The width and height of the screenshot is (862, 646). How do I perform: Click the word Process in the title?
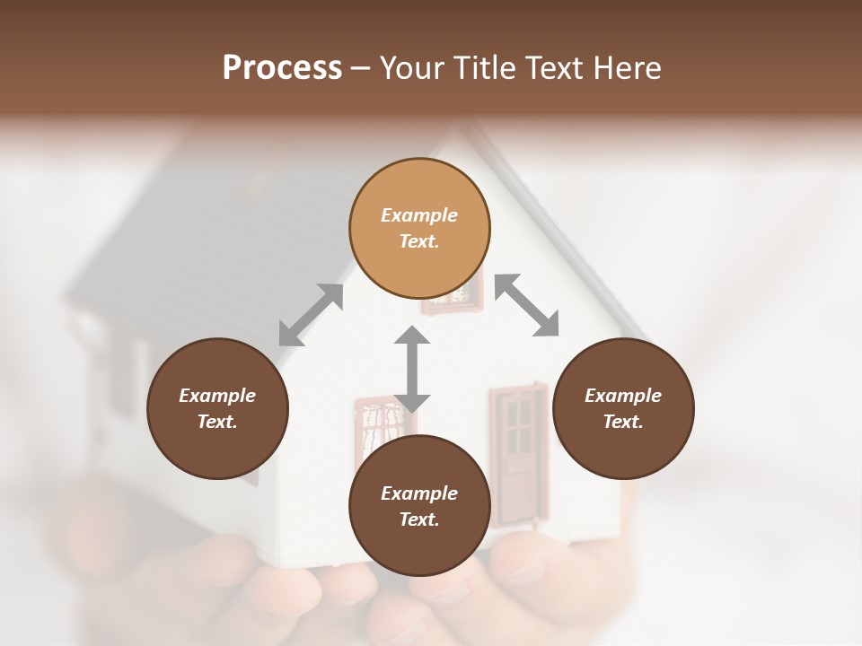(282, 68)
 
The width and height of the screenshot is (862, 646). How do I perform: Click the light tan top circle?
(419, 228)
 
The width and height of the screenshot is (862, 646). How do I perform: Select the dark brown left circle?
(217, 408)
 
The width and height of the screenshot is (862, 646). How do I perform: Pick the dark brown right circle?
(623, 408)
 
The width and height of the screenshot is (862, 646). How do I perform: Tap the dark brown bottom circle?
(419, 505)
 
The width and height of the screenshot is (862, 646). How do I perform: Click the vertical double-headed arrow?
(412, 369)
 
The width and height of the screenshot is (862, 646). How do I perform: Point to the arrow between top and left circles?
(311, 315)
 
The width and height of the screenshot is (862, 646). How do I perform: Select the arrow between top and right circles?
(527, 305)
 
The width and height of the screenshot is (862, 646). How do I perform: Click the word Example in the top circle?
(419, 215)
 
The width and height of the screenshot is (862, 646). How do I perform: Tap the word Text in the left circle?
(217, 422)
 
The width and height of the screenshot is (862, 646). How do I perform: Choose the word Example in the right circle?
(623, 396)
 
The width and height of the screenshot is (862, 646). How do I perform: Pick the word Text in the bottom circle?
(419, 519)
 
